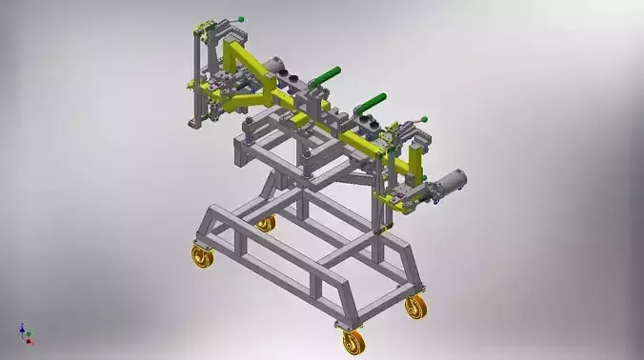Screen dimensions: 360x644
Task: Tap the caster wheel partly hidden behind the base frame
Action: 265,224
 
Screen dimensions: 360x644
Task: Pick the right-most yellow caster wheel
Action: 415,307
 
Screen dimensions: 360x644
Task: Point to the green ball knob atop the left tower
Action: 242,16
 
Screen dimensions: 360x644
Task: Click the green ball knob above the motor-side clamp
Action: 424,118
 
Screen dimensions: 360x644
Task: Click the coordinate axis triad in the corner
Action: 25,332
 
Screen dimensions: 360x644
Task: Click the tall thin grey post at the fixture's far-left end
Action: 194,76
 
